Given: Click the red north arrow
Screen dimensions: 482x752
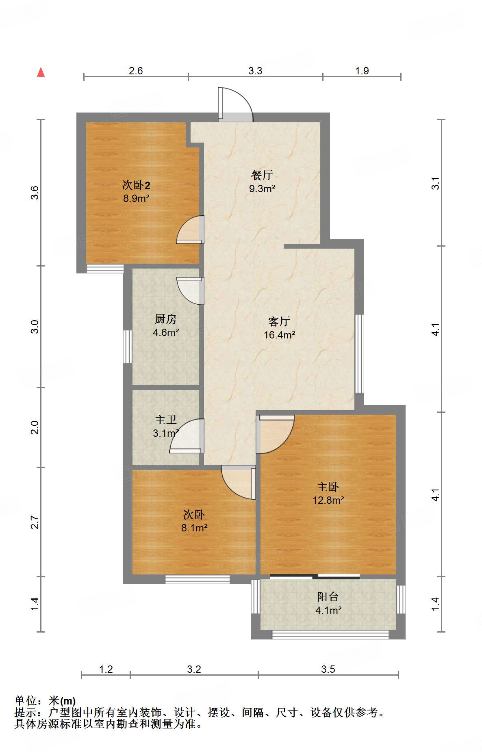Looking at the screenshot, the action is pos(41,72).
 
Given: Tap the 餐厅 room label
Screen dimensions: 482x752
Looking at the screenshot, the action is pos(262,175).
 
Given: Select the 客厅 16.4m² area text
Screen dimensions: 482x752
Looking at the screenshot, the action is pos(279,335).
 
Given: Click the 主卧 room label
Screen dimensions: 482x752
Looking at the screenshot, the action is pos(328,487).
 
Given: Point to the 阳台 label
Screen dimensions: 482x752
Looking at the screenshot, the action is pos(328,597).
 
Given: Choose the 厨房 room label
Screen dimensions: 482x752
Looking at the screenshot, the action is pos(166,319).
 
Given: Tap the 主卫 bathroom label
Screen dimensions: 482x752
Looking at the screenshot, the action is pos(166,420).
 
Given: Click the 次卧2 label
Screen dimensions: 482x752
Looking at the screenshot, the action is pos(137,185).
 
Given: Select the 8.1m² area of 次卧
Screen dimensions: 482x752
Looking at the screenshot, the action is pos(194,528).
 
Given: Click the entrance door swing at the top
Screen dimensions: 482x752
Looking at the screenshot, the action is pos(236,105).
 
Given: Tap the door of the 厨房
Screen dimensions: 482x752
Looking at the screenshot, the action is pos(190,291).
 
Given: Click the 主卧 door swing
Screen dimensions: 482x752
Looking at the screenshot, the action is pos(274,434).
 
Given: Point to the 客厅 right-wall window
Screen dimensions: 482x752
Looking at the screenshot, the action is pos(360,354).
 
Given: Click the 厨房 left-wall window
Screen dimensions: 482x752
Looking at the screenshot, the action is pos(128,347).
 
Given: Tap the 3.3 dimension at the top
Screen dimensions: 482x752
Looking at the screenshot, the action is pos(255,71).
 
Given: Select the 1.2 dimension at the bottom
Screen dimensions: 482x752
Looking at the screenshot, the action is pos(106,669).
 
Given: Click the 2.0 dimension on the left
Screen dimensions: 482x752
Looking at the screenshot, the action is pos(35,427).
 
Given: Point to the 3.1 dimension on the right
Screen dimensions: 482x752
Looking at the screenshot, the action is pos(435,183).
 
